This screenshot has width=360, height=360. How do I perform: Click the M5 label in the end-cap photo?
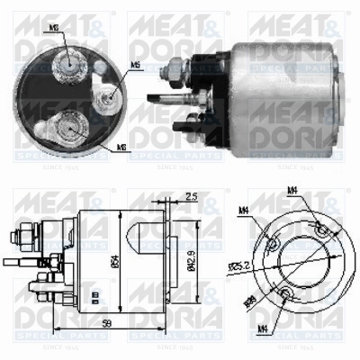(x=135, y=65)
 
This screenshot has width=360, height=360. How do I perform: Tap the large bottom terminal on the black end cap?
(x=68, y=123)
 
